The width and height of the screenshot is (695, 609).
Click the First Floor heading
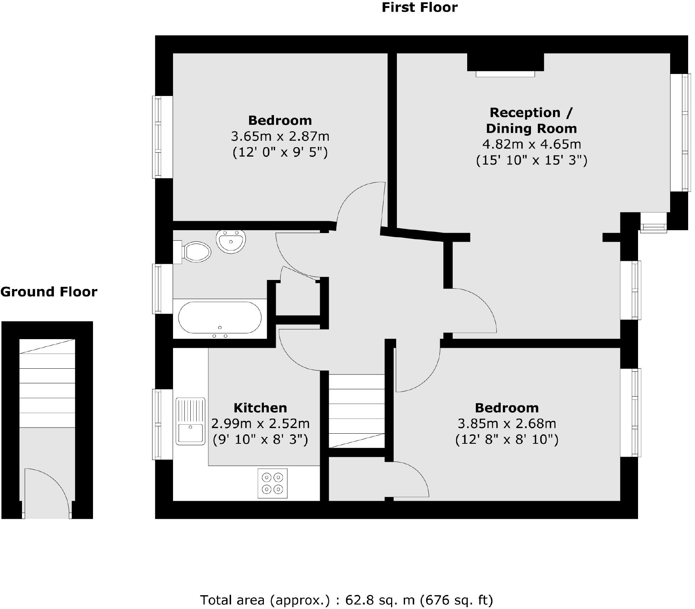tap(419, 8)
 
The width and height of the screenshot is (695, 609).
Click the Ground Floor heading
tap(49, 292)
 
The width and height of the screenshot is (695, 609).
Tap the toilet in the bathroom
tap(196, 251)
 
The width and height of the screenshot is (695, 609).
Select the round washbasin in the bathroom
tap(231, 240)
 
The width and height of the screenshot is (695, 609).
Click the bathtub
tap(220, 318)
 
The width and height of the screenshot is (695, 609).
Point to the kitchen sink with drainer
tap(190, 421)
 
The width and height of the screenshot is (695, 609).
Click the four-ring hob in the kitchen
tap(273, 483)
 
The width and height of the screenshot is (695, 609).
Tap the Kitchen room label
tap(260, 408)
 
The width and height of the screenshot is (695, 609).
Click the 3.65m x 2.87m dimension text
tap(280, 136)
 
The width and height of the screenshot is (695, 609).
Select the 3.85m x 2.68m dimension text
tap(507, 423)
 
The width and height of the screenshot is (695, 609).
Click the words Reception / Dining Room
tap(531, 121)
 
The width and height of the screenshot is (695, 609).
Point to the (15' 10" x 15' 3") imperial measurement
tap(531, 160)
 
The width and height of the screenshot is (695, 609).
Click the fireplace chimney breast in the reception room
tap(505, 63)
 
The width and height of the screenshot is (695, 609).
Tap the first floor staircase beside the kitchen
tap(357, 411)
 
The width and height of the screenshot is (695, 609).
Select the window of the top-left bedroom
tap(158, 137)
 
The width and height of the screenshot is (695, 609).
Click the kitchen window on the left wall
tap(158, 424)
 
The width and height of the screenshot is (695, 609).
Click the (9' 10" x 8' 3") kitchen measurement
tap(260, 439)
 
